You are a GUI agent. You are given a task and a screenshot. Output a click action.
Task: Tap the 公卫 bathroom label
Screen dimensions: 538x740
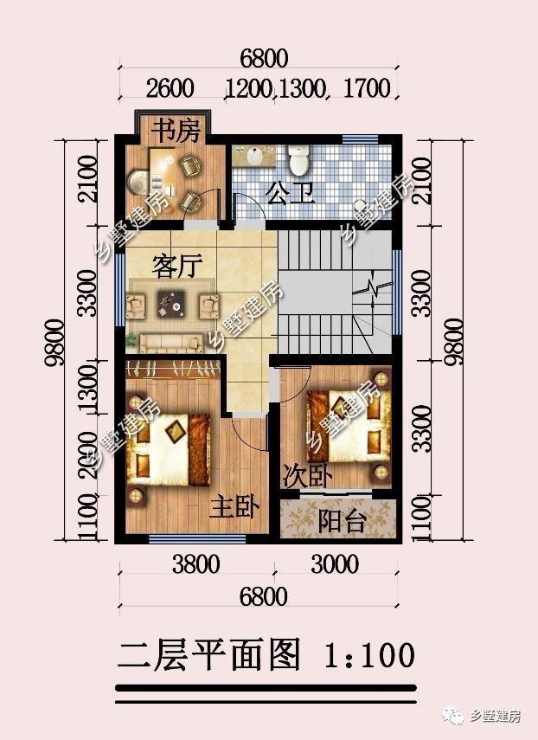coord(290,193)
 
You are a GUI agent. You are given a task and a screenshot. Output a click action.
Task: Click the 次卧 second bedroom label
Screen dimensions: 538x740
coord(307,477)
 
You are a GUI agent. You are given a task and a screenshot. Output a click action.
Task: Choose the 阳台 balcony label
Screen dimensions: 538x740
coord(343,521)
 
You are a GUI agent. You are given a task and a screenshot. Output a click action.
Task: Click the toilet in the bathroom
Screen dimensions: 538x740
coord(299,158)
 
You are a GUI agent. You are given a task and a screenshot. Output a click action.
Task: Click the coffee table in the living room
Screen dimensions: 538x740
coord(171,304)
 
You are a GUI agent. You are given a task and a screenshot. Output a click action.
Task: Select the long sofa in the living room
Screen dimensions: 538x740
coord(170,343)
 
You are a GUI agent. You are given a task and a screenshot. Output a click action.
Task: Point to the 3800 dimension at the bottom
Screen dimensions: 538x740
coord(195,564)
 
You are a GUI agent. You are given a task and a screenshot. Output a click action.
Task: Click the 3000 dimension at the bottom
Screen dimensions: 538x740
coord(335,564)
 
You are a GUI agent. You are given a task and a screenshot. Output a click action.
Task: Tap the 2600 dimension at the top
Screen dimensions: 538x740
coord(170,89)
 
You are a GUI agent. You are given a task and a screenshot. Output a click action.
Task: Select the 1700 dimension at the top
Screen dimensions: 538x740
coord(368,88)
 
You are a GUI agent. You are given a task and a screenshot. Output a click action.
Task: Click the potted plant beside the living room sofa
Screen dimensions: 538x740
coord(131,340)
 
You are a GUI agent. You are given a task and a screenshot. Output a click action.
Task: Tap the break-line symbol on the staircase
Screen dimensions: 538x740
coord(373,288)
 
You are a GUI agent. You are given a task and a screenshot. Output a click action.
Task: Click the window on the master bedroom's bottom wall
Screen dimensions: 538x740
coord(197,539)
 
